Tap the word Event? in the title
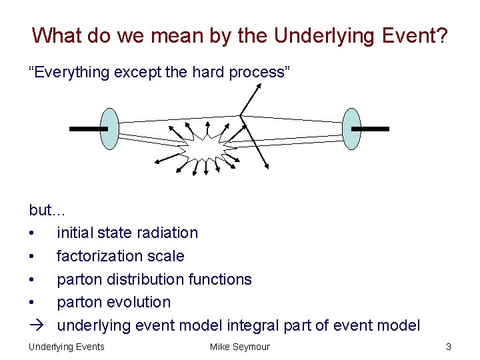[x=414, y=35]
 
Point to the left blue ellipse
[x=111, y=129]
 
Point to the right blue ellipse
[x=351, y=129]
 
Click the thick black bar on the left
[x=88, y=129]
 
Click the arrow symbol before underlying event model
[x=35, y=325]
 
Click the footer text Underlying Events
[x=66, y=347]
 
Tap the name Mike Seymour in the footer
[x=239, y=347]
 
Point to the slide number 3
[x=449, y=347]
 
